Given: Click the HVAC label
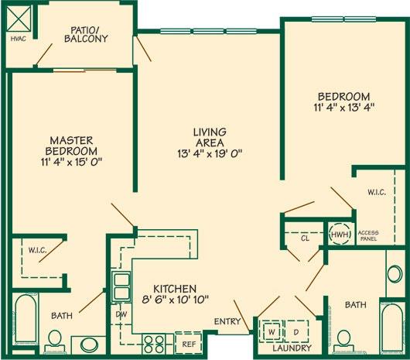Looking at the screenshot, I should coord(18,37).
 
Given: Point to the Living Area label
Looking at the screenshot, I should coord(210,137).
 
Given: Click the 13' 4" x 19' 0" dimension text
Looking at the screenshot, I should coord(210,153).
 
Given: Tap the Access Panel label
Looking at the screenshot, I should coord(368,235).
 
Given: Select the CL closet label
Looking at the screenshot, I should coord(305,238).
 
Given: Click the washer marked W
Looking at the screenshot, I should coord(272,331).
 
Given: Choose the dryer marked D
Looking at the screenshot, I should coord(296,331).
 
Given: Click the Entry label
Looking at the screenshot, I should coord(229,322).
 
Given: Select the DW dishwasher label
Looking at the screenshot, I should coord(121,314).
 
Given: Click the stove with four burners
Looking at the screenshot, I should coord(153,341).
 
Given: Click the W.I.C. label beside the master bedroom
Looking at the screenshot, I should coord(39,250).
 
